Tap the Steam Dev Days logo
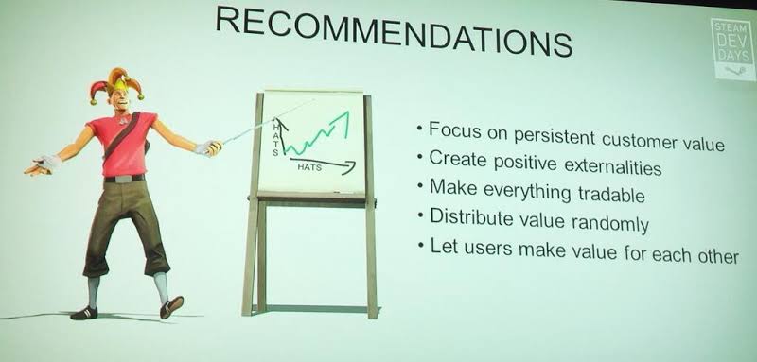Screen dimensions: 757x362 [732, 49]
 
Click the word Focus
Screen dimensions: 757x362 [453, 130]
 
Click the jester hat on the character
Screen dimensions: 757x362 [115, 83]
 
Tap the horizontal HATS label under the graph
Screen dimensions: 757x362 [309, 167]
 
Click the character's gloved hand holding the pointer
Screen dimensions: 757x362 [208, 148]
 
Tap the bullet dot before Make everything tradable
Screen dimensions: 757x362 [420, 186]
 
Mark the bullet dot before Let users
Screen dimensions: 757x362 [421, 245]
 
